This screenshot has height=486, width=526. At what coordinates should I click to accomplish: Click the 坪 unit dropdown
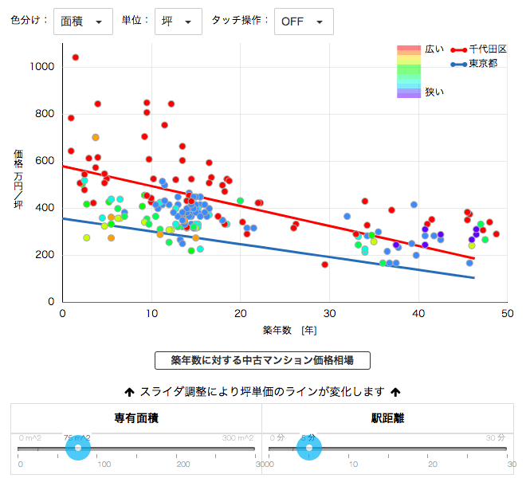click(179, 22)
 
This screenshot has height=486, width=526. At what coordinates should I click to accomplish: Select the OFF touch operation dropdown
click(304, 22)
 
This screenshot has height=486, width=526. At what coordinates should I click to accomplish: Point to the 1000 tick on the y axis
click(41, 67)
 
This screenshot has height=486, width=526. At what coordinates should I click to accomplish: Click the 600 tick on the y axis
click(44, 161)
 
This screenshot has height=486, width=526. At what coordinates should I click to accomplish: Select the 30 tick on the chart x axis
click(329, 314)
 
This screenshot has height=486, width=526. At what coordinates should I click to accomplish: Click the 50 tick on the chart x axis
click(506, 314)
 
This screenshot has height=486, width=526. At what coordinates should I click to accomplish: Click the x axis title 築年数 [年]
click(290, 330)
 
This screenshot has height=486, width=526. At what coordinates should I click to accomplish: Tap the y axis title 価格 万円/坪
click(18, 179)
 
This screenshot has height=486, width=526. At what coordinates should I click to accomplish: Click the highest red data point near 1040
click(75, 57)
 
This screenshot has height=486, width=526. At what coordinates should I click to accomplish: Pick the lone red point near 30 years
click(325, 265)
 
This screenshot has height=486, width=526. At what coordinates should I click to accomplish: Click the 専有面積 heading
click(135, 417)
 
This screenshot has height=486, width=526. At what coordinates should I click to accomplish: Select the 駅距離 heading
click(387, 417)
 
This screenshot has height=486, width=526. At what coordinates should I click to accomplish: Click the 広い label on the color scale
click(434, 49)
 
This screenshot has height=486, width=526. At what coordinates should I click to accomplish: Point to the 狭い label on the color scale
click(434, 92)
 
